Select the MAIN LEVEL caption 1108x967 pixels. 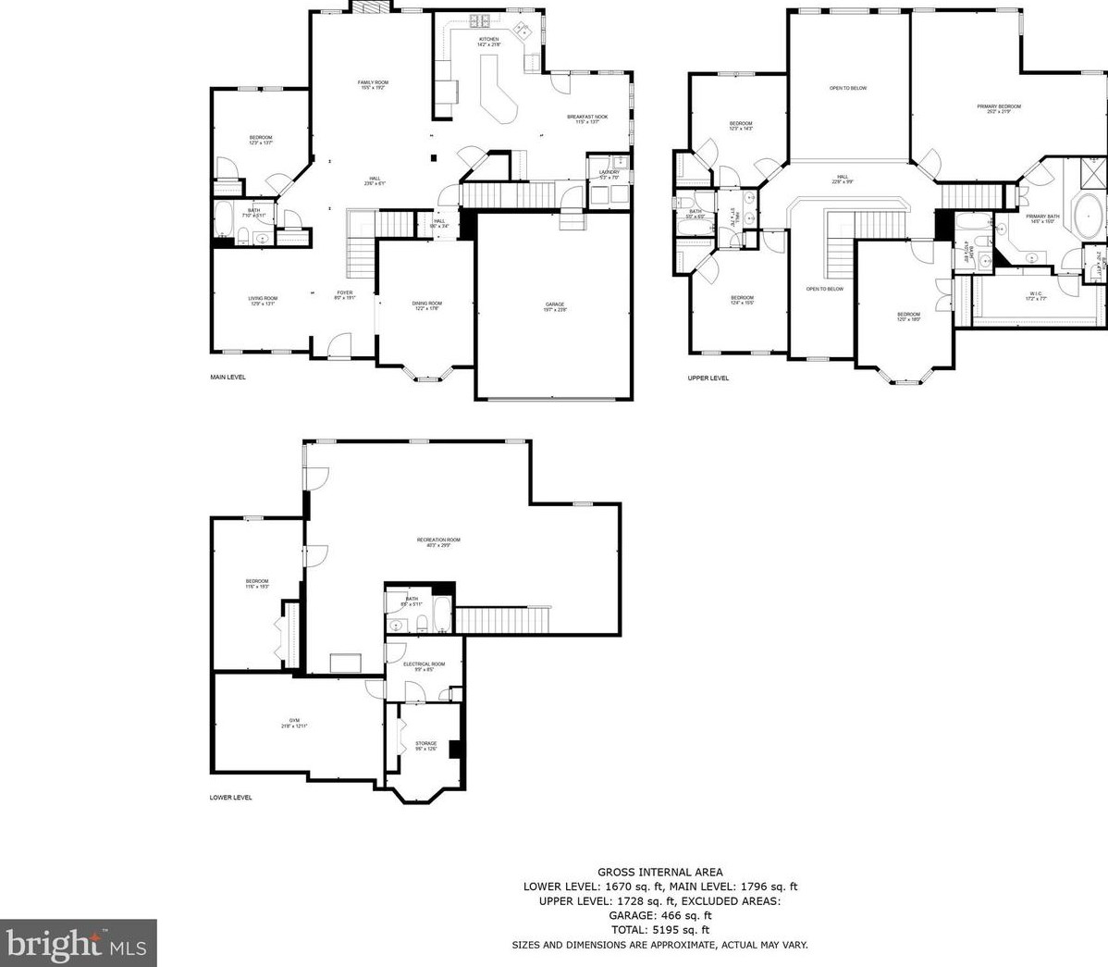click(x=228, y=378)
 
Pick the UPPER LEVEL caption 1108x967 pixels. click(x=708, y=378)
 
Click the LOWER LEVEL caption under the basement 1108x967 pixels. click(x=231, y=798)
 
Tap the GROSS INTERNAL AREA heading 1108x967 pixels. click(x=660, y=872)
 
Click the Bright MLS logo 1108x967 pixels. click(x=79, y=944)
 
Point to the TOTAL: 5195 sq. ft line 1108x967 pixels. click(x=660, y=930)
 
